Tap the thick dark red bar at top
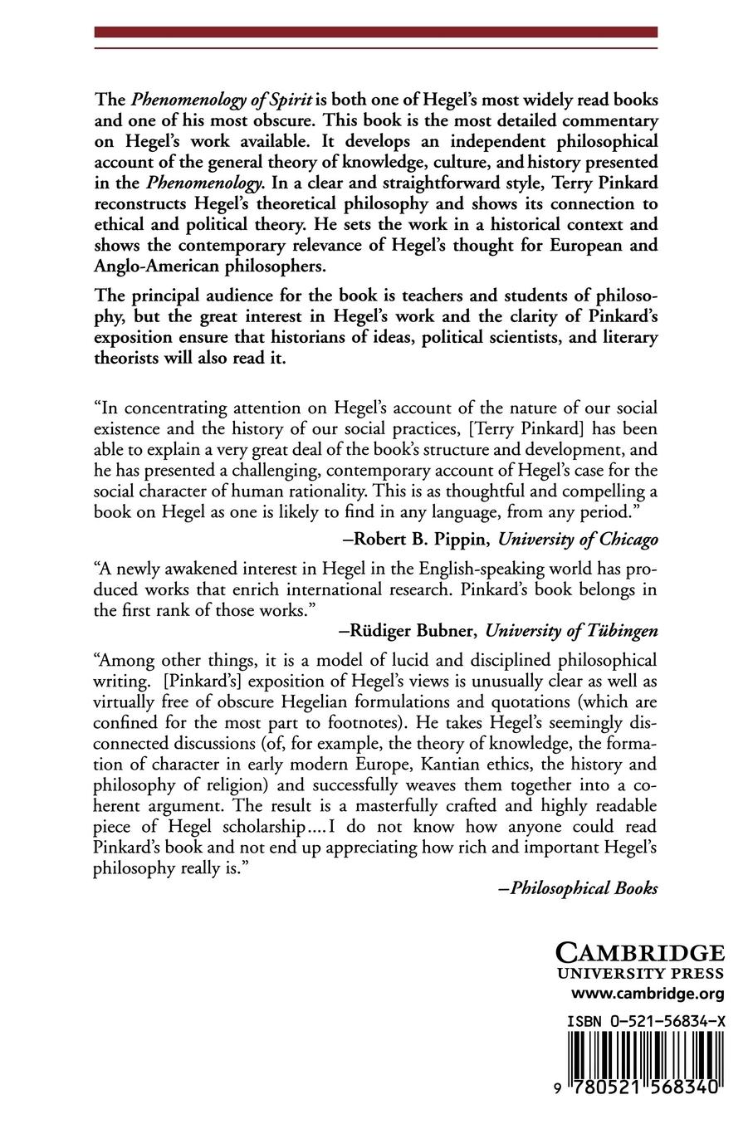pyautogui.click(x=375, y=32)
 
